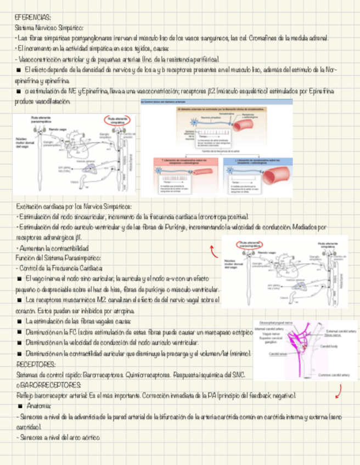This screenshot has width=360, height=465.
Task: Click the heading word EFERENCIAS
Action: (x=33, y=18)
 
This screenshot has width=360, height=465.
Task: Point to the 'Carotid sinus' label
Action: (x=277, y=354)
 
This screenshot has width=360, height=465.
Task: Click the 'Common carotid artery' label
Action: (x=330, y=375)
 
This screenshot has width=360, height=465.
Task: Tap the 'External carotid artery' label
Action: (x=341, y=331)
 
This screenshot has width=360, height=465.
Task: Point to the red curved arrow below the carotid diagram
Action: (x=340, y=391)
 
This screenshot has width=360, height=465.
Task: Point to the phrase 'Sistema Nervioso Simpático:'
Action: (x=49, y=27)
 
